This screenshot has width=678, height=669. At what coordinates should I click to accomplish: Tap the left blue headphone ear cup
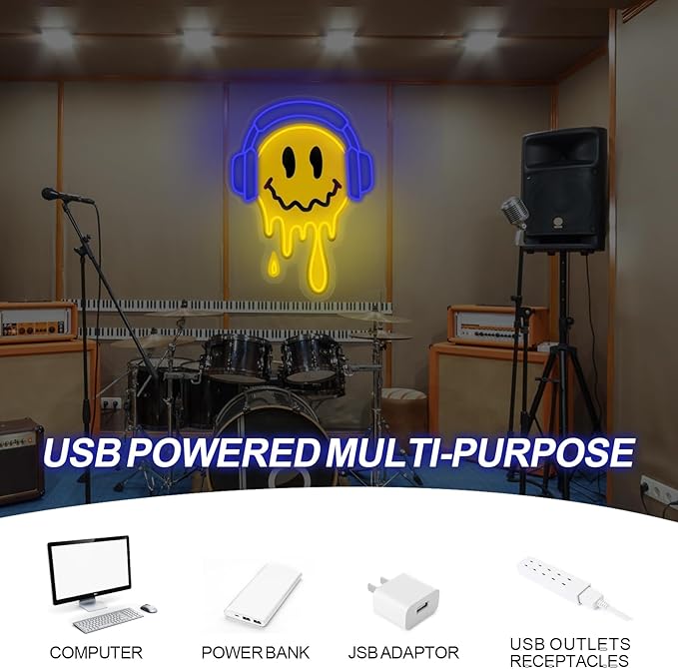(245, 172)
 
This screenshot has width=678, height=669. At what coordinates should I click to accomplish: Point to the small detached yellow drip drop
(274, 265)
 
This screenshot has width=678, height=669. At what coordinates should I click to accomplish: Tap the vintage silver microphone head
(514, 210)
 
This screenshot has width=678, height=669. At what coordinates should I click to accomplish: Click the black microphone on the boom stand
(66, 196)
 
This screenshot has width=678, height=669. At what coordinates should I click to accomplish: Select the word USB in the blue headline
(82, 452)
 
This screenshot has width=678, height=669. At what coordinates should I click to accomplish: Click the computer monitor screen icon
(91, 569)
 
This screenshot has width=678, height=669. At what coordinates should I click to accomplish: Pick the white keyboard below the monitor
(108, 620)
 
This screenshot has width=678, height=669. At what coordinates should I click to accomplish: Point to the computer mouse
(149, 608)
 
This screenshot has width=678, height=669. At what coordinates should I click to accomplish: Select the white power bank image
(263, 594)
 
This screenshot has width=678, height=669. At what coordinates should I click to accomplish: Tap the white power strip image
(571, 585)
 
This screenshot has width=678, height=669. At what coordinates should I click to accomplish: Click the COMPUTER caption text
(96, 653)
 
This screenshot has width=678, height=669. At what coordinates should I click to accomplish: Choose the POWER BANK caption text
(256, 653)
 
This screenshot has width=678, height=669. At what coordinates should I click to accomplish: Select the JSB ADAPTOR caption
(403, 653)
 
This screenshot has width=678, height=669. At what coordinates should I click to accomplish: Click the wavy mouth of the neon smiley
(303, 197)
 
